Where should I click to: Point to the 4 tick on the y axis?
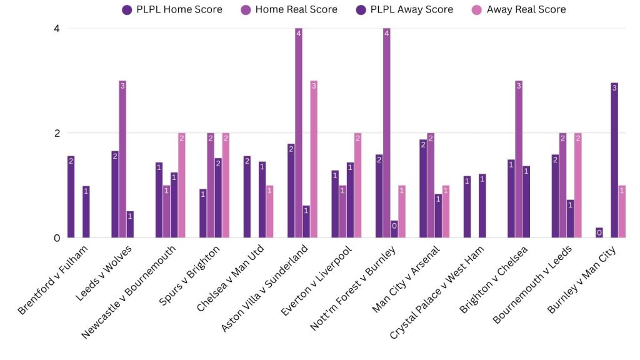(57, 28)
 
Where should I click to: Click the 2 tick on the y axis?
(57, 133)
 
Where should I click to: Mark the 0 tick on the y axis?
(57, 237)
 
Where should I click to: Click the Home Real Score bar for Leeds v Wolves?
(122, 159)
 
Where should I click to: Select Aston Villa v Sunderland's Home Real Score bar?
(299, 133)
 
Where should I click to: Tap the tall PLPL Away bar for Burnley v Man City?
(614, 160)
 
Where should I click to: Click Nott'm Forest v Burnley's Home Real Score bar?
(387, 133)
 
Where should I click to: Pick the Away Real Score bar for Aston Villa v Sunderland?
(314, 159)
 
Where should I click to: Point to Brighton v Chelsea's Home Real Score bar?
(519, 159)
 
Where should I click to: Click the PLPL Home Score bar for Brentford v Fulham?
(71, 197)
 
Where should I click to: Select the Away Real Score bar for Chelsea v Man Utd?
(269, 211)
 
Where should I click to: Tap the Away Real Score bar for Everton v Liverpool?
(357, 186)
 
